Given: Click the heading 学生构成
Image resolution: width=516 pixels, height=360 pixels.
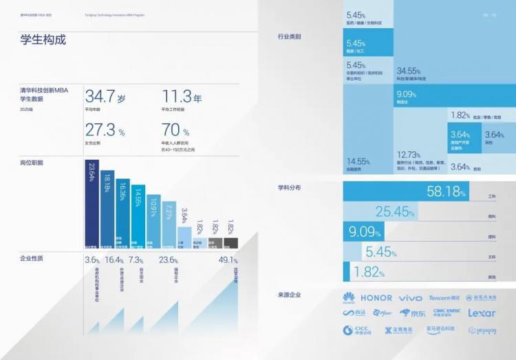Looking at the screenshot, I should coord(43,40).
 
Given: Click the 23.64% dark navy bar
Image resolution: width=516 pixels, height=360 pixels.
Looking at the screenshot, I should coord(91,203).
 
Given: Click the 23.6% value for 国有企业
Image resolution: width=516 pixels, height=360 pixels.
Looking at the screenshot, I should coord(169,260).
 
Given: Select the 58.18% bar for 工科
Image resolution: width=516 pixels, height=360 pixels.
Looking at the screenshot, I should coord(406,192).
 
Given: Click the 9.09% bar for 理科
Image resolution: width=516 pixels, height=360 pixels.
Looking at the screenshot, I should coord(365,231).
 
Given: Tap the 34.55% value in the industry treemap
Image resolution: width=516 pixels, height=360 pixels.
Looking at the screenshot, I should coord(409,71).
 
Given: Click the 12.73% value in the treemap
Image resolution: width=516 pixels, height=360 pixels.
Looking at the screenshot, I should coord(409,154).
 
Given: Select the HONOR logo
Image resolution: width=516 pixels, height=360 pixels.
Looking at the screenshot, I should coord(376,298).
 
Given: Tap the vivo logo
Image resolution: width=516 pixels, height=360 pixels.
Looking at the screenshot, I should coord(411,298).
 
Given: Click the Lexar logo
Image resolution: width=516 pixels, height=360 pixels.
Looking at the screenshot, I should coord(482,313).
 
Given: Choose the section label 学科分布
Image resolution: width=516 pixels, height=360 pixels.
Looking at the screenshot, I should coord(289,187).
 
